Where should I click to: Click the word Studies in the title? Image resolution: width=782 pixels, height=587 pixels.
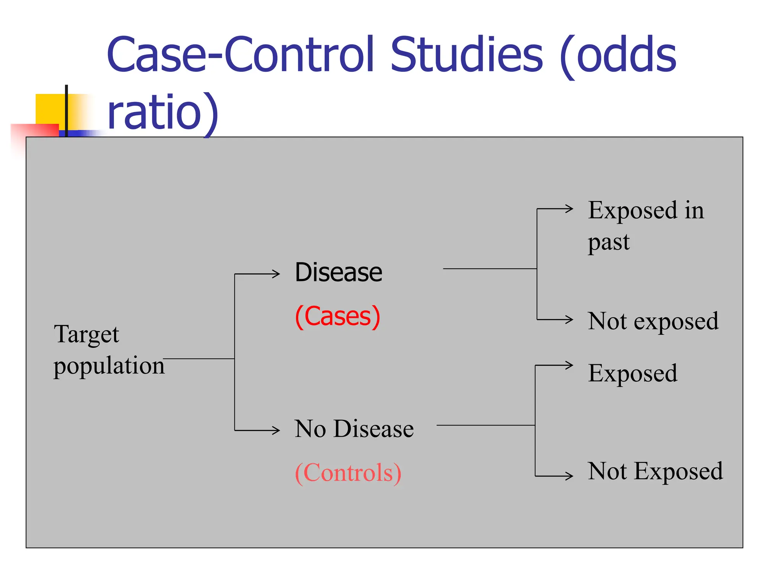click(466, 55)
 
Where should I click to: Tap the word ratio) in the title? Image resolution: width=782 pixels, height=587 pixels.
click(163, 113)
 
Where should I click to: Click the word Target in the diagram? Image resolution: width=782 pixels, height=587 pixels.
click(86, 334)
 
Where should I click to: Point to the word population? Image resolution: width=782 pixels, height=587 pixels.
click(109, 366)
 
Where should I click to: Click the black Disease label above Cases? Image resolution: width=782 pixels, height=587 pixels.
click(338, 272)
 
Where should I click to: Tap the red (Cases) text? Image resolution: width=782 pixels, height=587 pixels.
click(338, 316)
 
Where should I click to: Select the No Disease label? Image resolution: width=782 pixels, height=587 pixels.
click(354, 429)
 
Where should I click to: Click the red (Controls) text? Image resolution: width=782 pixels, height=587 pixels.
click(348, 473)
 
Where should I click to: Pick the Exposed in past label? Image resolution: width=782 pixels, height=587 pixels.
click(645, 225)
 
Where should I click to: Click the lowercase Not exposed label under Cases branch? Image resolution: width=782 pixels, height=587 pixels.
click(653, 321)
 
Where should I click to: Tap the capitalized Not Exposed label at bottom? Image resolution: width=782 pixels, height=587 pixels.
click(655, 471)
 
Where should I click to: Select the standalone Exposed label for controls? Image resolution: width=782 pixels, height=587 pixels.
click(633, 373)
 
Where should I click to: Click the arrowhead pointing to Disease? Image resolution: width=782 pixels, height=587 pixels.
click(276, 274)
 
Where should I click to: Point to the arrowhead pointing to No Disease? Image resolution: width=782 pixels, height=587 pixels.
click(276, 431)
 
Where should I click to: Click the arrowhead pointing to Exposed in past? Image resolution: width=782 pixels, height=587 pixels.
click(570, 209)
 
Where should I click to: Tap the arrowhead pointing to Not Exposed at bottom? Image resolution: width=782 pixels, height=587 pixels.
click(570, 476)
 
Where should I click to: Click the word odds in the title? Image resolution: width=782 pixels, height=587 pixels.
click(626, 55)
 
